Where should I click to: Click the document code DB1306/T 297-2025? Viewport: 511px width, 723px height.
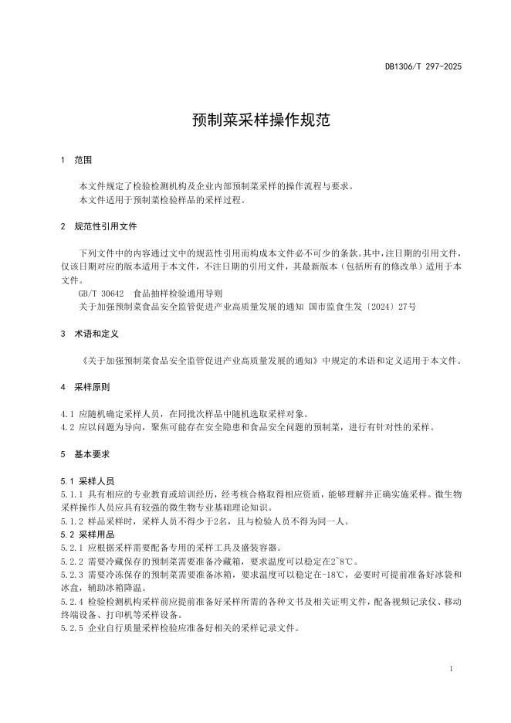click(423, 67)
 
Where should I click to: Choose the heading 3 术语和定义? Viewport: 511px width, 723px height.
click(89, 334)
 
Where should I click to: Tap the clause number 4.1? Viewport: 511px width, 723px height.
click(66, 413)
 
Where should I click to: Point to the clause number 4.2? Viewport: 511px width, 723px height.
click(66, 426)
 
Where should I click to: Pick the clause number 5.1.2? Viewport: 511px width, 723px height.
click(72, 521)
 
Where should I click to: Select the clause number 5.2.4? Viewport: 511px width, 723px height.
click(72, 601)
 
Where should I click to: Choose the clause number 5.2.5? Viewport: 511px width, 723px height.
click(72, 628)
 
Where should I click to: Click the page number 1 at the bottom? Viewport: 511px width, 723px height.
click(450, 668)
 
